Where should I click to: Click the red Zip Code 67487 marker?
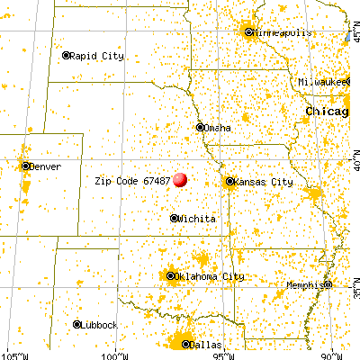coord(180,179)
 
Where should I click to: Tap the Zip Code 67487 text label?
coord(132,180)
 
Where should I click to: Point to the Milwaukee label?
coord(325,82)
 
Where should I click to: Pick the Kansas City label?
coord(264,182)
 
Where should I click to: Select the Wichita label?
coord(195,218)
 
